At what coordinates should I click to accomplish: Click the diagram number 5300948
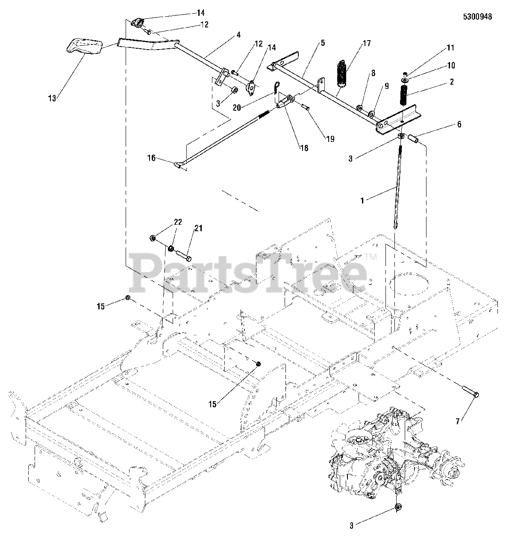click(x=477, y=17)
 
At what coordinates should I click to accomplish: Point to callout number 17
click(x=367, y=43)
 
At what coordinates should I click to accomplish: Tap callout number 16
click(x=151, y=158)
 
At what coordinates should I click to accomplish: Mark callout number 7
click(x=458, y=421)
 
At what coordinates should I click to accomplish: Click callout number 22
click(x=178, y=222)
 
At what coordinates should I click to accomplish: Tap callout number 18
click(x=304, y=148)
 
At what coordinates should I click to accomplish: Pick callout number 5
click(x=323, y=43)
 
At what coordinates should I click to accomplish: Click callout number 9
click(x=386, y=86)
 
